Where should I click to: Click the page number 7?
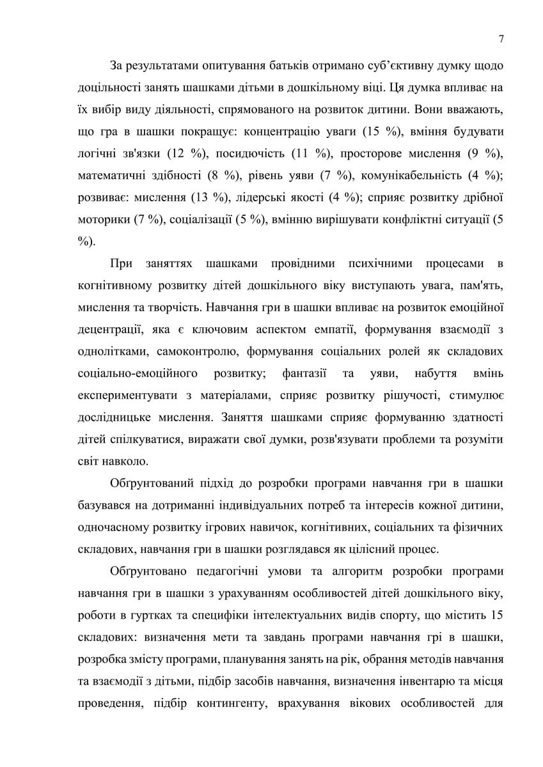[501, 39]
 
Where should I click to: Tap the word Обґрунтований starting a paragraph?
[152, 483]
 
